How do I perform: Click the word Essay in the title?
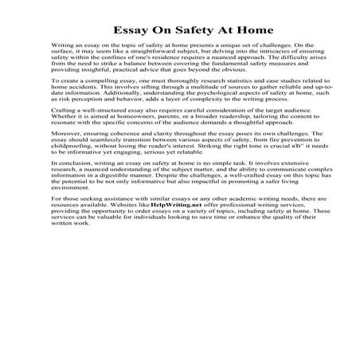(126, 30)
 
